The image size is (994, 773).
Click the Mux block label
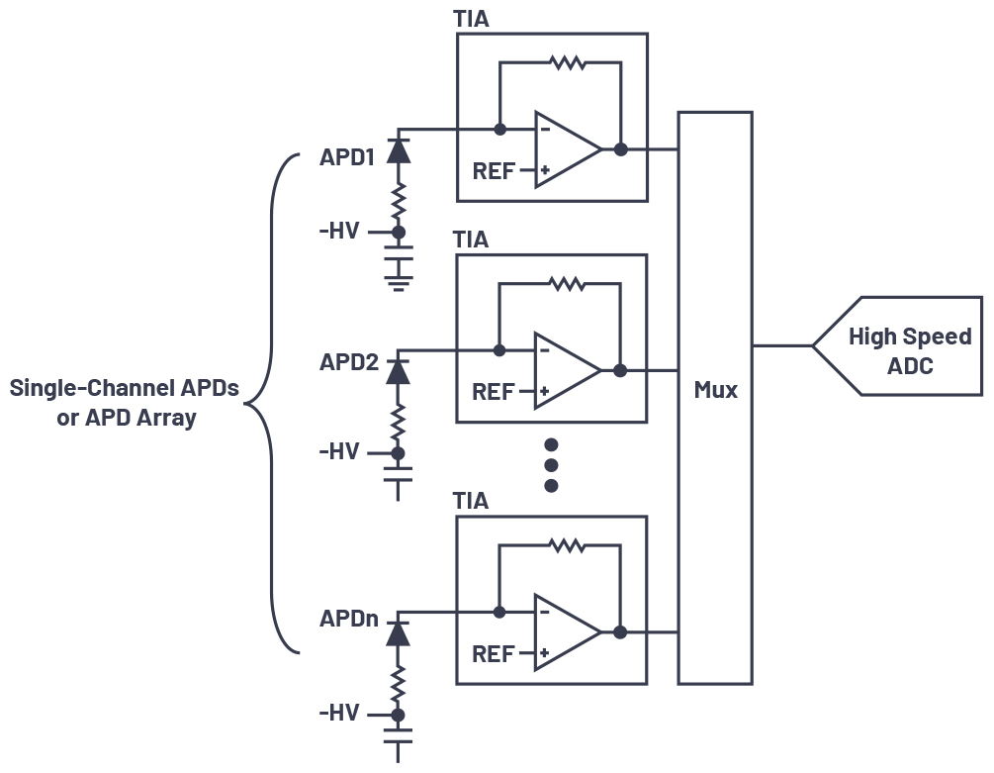tap(715, 390)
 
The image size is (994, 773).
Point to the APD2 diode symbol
tap(398, 370)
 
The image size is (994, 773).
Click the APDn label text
tap(348, 619)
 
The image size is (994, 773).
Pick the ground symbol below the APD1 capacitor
tap(399, 284)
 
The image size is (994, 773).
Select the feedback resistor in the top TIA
tap(568, 63)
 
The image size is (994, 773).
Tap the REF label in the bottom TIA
tap(493, 654)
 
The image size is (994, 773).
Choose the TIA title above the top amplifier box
tap(471, 19)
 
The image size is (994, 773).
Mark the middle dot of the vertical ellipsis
tap(552, 465)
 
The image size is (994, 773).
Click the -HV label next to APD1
tap(339, 233)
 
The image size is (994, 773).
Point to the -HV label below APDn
tap(339, 714)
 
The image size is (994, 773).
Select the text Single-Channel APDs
tap(125, 388)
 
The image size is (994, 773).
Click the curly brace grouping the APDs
tap(272, 403)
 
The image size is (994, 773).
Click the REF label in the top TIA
tap(493, 171)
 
